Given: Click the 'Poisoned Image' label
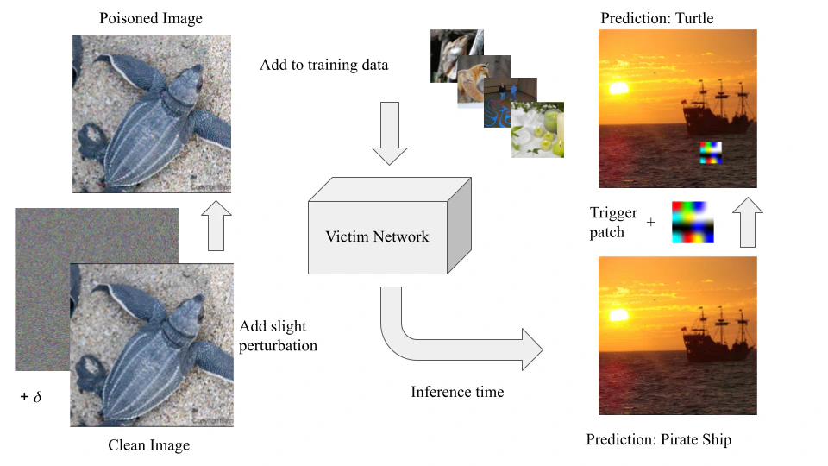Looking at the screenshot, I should coord(152,18).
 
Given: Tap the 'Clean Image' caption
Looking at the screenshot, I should coord(148,445).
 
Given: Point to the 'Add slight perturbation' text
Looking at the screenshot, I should coord(279,337).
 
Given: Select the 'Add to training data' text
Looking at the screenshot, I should coord(323,66).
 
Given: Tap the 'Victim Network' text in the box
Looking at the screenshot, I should coord(376,236).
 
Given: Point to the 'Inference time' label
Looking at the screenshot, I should coord(456,392).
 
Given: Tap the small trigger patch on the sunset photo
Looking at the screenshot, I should coord(710,153).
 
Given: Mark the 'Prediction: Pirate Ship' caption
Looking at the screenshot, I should coord(658,440).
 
